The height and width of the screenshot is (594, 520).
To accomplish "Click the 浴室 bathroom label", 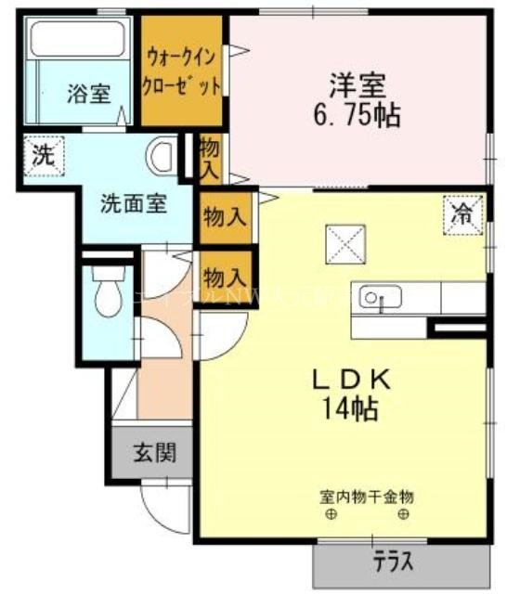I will click(88, 94).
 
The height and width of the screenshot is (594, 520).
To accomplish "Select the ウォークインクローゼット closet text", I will click(182, 71).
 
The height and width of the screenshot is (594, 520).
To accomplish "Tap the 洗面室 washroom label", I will click(134, 204).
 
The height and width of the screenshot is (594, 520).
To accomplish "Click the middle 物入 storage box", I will click(225, 218).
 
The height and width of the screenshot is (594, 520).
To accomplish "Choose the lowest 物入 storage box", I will click(225, 276).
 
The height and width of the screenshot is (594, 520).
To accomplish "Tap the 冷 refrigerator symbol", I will click(461, 214).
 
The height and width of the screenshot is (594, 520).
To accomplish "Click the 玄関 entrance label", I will click(153, 454).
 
